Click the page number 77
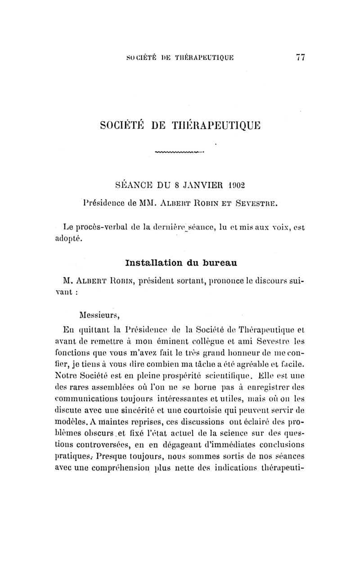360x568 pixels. click(301, 58)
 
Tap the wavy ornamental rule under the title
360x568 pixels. click(179, 152)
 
